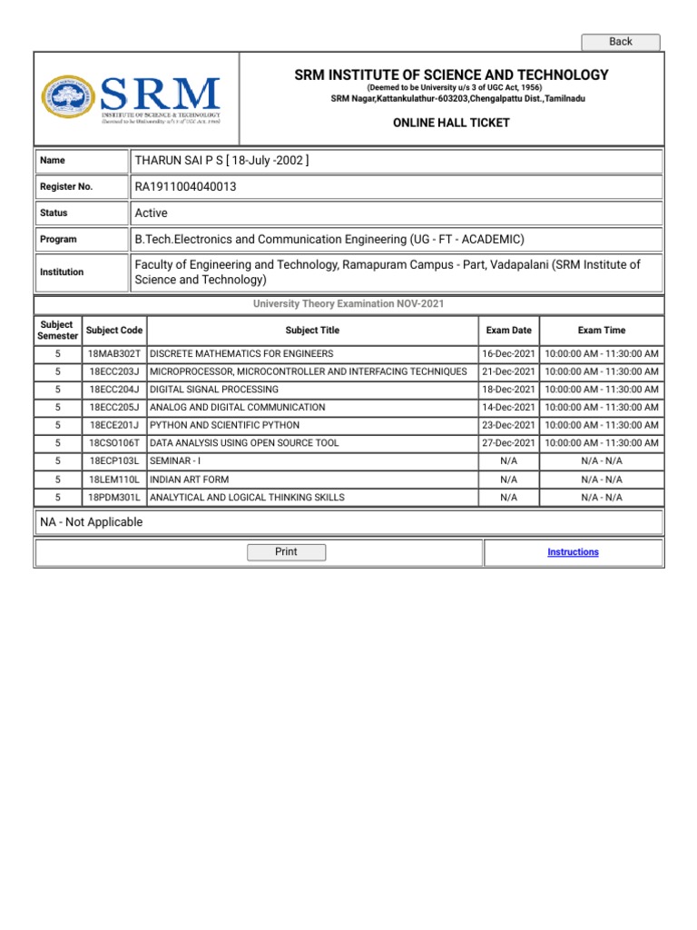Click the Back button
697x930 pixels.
(x=621, y=42)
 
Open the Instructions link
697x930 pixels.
(x=573, y=552)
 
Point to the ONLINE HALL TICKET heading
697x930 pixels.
(x=451, y=123)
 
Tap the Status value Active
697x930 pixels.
(x=151, y=213)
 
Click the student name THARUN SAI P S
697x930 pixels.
(x=184, y=161)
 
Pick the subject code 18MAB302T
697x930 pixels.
(x=114, y=353)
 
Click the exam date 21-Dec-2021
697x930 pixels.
(x=508, y=371)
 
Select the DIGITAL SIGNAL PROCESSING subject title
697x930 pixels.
(x=214, y=390)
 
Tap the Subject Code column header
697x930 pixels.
(x=113, y=331)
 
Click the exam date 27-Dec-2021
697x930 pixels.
(x=508, y=443)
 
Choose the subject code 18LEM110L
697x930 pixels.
(x=114, y=480)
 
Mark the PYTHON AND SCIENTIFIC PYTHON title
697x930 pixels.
(x=224, y=425)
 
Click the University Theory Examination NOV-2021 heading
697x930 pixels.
(x=348, y=304)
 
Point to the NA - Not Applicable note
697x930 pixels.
(x=92, y=522)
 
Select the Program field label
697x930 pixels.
(x=59, y=240)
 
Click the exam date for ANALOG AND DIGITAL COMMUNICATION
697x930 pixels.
(x=508, y=408)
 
